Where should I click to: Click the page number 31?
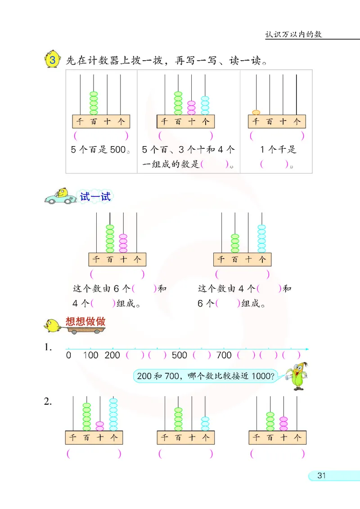coord(321,476)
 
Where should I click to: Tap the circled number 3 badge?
coord(53,60)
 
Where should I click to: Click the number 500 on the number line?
coord(179,355)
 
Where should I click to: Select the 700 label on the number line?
coord(224,355)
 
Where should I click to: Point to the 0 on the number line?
coord(68,355)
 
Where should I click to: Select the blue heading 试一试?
coord(94,196)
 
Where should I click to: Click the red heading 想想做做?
coord(85,321)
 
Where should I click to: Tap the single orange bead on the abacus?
coord(256,112)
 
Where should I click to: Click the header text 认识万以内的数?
coord(293,34)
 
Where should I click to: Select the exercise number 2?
coord(48,402)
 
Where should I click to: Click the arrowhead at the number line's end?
coord(307,349)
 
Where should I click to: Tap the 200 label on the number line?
coord(112,355)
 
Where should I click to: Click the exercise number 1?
coord(48,348)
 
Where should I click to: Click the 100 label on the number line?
coord(90,355)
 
